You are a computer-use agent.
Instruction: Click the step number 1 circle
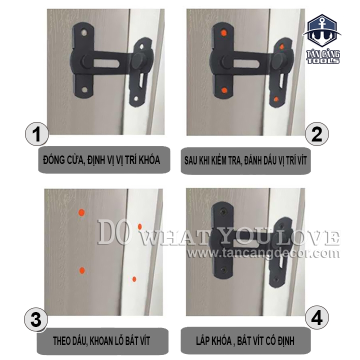pos(36,134)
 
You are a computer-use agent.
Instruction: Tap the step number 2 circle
pos(317,134)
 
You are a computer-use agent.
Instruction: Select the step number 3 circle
pos(36,319)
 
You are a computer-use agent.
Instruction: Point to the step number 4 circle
pos(317,318)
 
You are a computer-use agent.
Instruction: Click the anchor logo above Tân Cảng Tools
pos(321,31)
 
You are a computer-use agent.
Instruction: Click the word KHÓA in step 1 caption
pos(149,160)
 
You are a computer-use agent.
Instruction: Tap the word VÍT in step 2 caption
pos(301,160)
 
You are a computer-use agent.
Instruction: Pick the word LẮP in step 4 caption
pos(202,340)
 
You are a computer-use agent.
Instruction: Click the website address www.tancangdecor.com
pos(263,253)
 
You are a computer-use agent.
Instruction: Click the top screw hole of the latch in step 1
pos(84,33)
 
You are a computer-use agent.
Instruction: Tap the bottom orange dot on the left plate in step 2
pos(224,90)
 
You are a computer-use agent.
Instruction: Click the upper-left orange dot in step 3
pos(81,212)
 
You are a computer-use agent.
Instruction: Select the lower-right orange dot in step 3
pos(134,279)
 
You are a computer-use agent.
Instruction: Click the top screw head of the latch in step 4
pos(223,211)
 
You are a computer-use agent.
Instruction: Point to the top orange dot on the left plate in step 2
pos(223,33)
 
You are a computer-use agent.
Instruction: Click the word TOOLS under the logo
pos(323,61)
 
